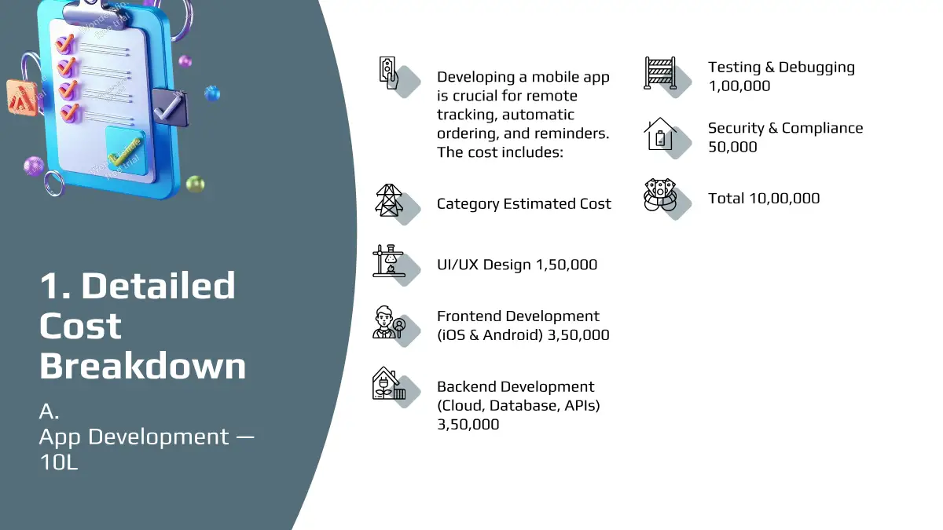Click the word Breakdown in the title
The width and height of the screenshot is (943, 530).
tap(143, 366)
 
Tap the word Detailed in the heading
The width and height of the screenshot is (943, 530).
tap(158, 286)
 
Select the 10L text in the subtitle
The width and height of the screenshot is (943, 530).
tap(58, 462)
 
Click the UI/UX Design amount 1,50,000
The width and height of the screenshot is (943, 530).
tap(567, 265)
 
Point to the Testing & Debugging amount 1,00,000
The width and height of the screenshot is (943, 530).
tap(739, 86)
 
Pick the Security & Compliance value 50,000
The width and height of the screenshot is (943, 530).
tap(732, 147)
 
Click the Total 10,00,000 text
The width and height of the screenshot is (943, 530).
tap(764, 198)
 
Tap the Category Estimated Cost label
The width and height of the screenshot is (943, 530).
tap(523, 203)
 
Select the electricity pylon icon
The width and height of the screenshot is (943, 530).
tap(388, 200)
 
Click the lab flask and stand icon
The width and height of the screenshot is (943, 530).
tap(388, 261)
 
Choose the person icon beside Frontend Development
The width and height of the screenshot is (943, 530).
tap(388, 322)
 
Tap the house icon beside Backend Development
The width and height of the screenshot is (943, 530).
tap(388, 383)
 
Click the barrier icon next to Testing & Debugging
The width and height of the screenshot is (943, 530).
tap(659, 73)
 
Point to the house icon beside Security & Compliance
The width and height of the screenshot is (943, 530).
tap(659, 133)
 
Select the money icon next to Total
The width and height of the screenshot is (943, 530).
tap(659, 195)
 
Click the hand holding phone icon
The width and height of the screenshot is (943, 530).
tap(388, 73)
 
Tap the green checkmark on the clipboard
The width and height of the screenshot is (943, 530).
tap(125, 152)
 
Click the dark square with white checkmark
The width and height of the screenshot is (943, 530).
tap(169, 108)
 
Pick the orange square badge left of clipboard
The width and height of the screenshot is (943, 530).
tap(22, 98)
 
